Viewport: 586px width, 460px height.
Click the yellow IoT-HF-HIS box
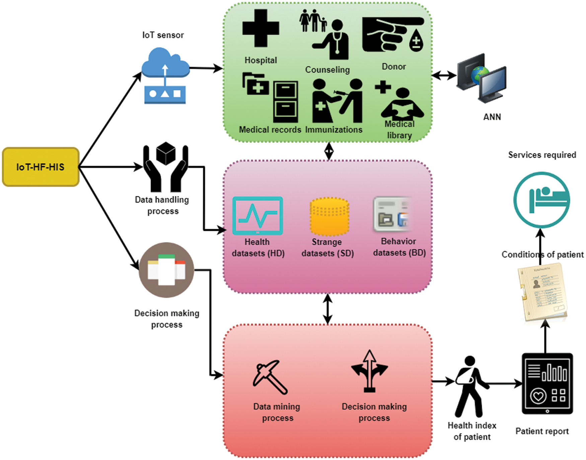(x=41, y=167)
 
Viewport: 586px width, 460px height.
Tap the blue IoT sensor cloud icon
(x=165, y=76)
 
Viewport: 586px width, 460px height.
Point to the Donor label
(x=394, y=67)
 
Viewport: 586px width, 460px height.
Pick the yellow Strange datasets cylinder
(x=329, y=216)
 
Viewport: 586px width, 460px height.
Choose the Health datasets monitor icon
(x=258, y=215)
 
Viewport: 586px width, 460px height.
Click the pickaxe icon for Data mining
(x=270, y=377)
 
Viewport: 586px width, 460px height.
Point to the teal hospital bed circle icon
(x=541, y=200)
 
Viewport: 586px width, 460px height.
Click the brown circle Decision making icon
(x=166, y=270)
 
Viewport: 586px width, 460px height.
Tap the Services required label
(x=542, y=155)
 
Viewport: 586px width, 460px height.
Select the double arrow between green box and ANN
(x=444, y=75)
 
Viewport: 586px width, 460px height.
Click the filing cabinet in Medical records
(x=285, y=102)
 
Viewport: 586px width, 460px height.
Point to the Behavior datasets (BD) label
(x=399, y=247)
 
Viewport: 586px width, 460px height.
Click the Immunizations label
(x=334, y=130)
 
